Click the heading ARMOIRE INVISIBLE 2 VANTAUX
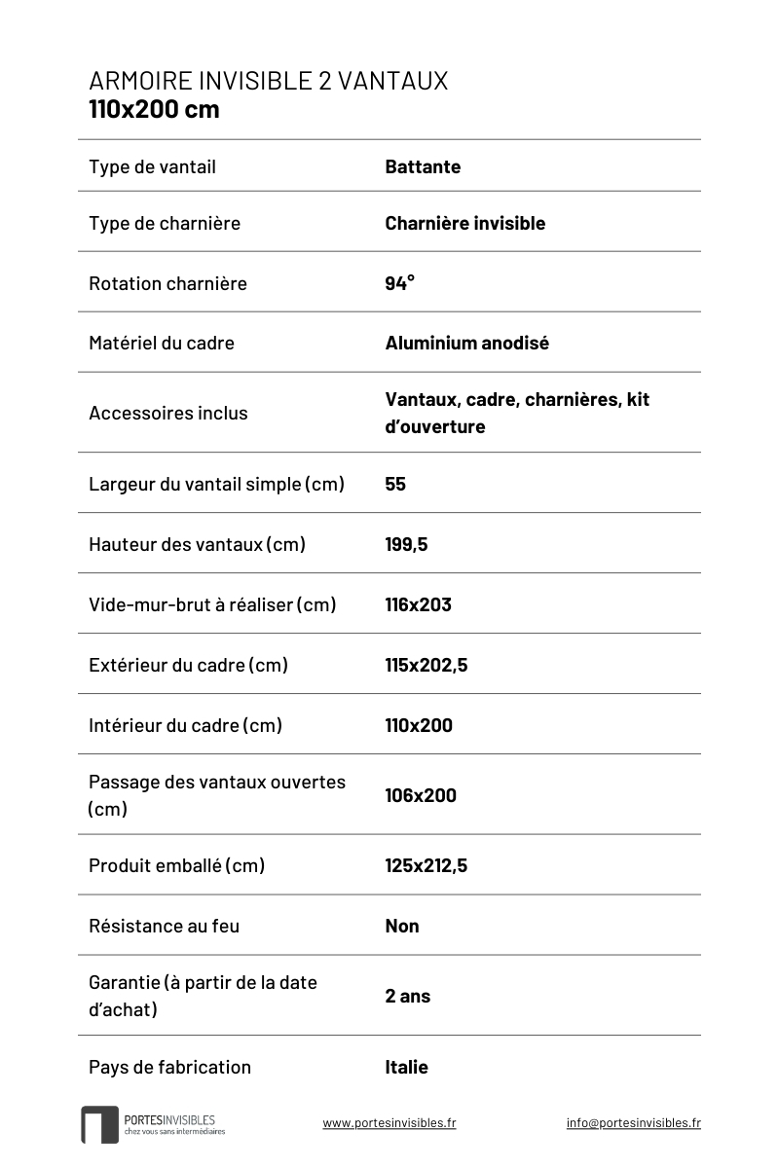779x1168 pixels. (268, 81)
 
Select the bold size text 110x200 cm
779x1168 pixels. (154, 109)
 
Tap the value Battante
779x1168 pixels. (423, 166)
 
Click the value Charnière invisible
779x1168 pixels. (464, 223)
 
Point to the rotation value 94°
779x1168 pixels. (399, 283)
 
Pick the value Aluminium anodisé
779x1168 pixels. (466, 343)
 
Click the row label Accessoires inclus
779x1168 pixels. (167, 413)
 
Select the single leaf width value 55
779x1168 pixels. (395, 484)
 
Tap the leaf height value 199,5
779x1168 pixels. (406, 544)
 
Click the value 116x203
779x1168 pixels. (418, 604)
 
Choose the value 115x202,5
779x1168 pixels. (426, 665)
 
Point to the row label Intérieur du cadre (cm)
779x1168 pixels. (185, 725)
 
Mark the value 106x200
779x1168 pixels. (421, 795)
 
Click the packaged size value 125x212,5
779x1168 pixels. (426, 865)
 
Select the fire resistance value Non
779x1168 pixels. (402, 926)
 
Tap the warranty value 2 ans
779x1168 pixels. (407, 996)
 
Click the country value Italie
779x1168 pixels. (406, 1067)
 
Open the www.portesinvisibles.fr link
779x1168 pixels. (389, 1122)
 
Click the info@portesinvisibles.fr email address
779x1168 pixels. (633, 1122)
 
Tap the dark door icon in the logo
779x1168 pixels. (99, 1124)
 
